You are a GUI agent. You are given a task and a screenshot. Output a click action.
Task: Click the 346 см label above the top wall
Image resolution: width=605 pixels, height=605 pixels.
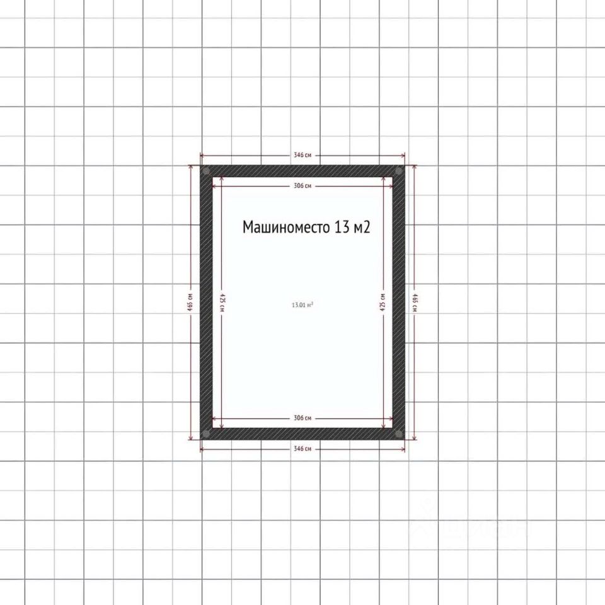coord(302,155)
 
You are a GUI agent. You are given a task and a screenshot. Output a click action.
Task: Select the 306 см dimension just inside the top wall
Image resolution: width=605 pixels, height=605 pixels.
coord(302,186)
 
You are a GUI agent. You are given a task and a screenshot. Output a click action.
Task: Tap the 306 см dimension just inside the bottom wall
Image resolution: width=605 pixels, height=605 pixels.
coord(302,418)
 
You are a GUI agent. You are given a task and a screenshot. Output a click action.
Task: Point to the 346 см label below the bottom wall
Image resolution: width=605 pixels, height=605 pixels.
coord(302,449)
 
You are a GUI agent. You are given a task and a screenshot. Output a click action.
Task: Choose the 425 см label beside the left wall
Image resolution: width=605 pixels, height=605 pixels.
coord(222,302)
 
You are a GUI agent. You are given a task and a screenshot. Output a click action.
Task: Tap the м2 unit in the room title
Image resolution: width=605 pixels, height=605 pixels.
coord(361,228)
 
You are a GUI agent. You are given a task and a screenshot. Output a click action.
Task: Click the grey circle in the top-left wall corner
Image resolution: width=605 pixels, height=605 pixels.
coord(206,171)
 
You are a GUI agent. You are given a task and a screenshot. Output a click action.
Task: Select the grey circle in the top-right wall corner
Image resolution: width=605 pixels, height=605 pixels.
coord(398,171)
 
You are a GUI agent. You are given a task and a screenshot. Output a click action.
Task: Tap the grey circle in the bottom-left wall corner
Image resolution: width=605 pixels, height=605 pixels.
coord(206,434)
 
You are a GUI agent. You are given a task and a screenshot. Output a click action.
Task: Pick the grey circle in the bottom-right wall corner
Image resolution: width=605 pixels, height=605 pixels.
coord(398,434)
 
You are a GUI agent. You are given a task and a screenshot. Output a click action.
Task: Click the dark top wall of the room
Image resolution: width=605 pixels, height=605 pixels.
coord(302,171)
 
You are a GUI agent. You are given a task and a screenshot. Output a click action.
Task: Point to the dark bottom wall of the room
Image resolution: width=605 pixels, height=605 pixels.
coord(302,434)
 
